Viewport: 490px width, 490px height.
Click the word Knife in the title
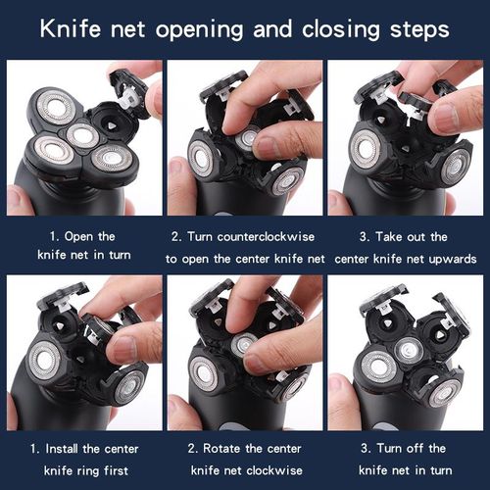pyautogui.click(x=70, y=28)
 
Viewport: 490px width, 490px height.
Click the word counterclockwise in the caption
pyautogui.click(x=266, y=236)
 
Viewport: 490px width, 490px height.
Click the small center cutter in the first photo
pyautogui.click(x=82, y=134)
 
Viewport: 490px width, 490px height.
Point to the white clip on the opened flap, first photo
pyautogui.click(x=129, y=100)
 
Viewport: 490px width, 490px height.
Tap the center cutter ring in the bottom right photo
pyautogui.click(x=409, y=350)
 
